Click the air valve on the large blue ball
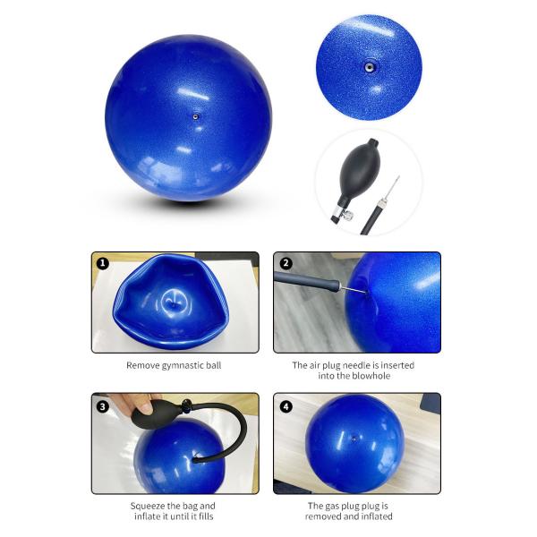(195, 116)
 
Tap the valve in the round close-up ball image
(369, 67)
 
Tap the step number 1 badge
(103, 263)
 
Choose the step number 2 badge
(286, 263)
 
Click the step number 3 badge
(103, 407)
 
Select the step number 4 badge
(286, 407)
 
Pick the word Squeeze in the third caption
(146, 506)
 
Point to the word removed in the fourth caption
(321, 516)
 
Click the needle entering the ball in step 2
(354, 290)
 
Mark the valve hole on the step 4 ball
(354, 439)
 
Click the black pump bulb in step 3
(155, 414)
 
